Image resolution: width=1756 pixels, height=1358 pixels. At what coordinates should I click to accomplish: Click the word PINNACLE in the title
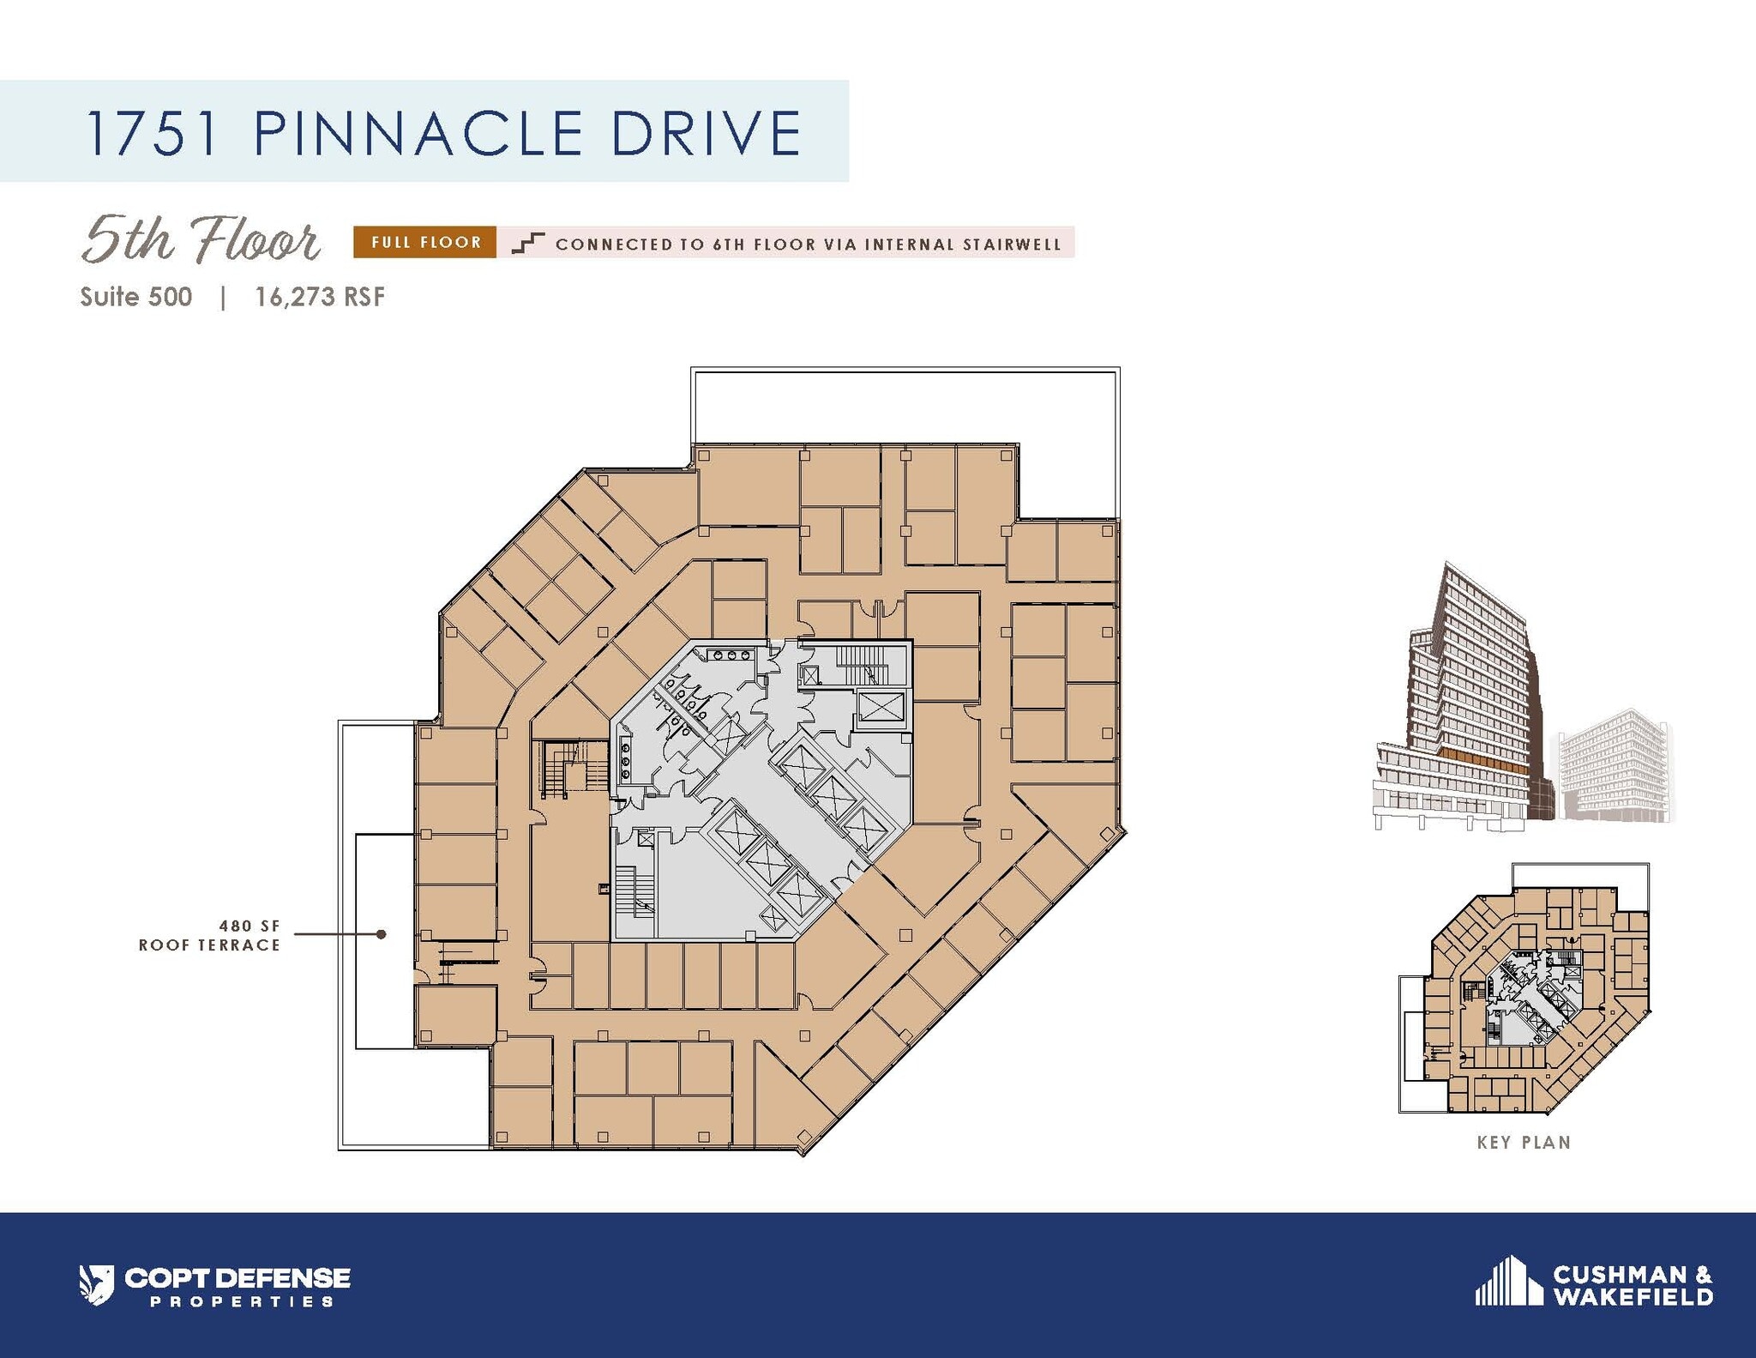coord(418,133)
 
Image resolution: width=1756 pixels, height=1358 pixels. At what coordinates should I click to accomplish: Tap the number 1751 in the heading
coord(152,133)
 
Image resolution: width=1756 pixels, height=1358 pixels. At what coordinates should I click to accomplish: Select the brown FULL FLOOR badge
coord(425,243)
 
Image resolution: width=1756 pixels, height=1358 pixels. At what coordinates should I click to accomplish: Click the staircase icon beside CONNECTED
coord(527,244)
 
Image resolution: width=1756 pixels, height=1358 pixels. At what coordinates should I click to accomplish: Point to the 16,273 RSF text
coord(320,298)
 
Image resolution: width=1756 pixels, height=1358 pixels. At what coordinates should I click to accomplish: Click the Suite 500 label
coord(136,298)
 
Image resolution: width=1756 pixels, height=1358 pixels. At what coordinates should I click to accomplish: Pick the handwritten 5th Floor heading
coord(201,239)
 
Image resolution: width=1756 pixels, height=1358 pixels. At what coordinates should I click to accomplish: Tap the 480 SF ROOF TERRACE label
coord(210,935)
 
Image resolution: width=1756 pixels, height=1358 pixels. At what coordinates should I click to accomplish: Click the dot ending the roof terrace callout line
coord(382,934)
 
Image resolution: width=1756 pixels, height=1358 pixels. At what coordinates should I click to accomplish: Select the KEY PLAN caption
coord(1524,1143)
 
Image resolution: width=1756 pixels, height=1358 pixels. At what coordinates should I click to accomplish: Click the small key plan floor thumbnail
coord(1524,995)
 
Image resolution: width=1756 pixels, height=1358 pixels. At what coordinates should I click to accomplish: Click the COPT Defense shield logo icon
coord(96,1284)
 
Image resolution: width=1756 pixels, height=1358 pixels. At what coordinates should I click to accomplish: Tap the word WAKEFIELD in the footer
coord(1633,1296)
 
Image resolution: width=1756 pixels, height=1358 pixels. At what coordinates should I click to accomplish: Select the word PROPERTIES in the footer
coord(242,1301)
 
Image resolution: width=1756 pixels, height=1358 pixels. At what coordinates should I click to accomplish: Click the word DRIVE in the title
coord(707,133)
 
